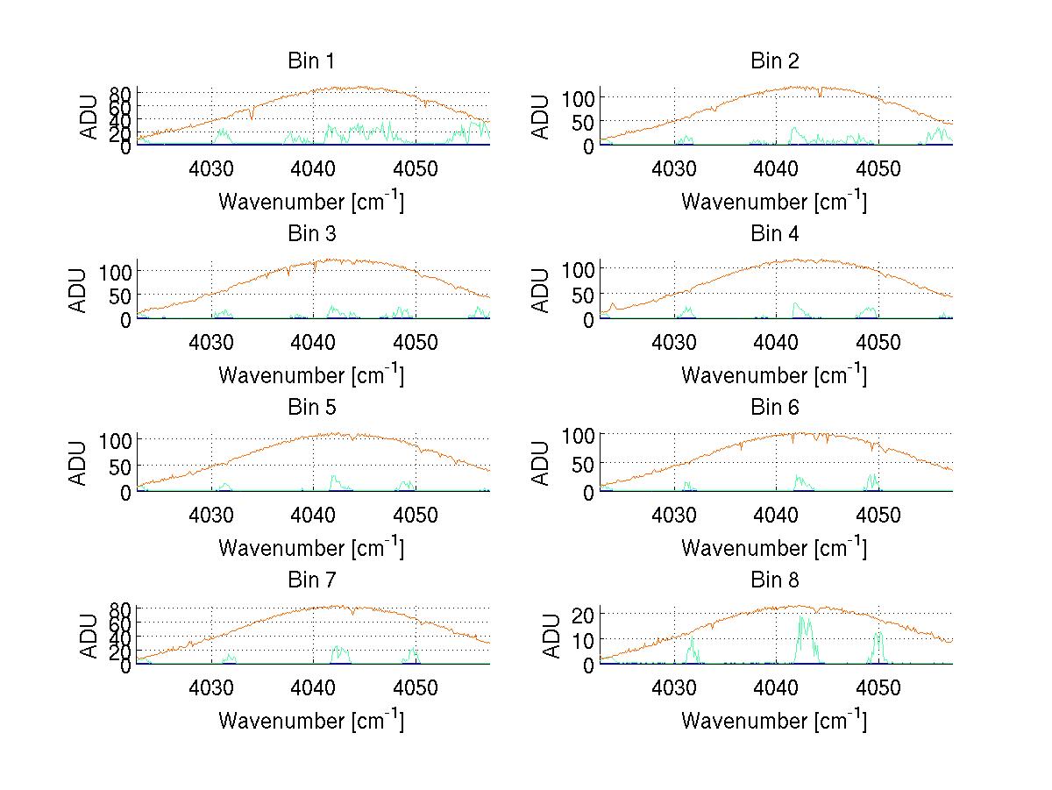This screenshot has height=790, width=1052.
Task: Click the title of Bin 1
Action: pos(310,61)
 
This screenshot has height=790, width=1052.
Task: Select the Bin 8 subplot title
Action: pos(775,580)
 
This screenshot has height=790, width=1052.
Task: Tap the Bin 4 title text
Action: pos(775,234)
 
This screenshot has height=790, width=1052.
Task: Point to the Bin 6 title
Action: pos(775,408)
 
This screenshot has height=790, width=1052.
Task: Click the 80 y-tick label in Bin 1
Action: pos(121,94)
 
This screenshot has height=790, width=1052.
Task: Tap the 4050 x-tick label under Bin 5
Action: pos(416,514)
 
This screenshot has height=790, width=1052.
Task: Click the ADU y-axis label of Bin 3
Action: pos(80,290)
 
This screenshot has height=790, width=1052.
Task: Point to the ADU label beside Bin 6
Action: pos(543,463)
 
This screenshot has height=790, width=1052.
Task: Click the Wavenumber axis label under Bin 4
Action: pos(774,374)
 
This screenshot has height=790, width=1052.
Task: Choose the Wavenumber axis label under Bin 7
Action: pos(311,721)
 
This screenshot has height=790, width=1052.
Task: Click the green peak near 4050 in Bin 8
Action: pos(878,633)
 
